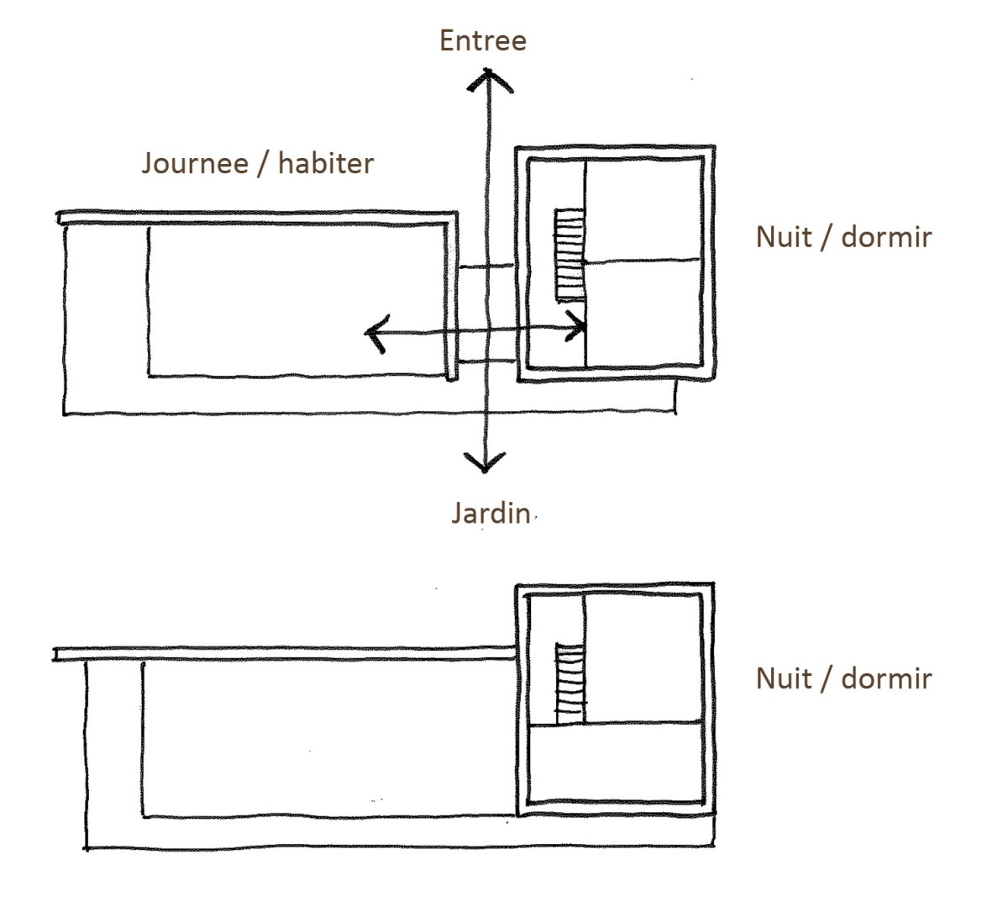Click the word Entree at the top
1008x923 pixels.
(x=482, y=40)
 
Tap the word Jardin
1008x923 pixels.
(x=491, y=512)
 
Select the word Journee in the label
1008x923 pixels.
(x=195, y=162)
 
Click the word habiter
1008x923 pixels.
(x=325, y=162)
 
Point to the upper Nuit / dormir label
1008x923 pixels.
(x=843, y=237)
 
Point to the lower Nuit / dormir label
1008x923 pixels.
(x=843, y=678)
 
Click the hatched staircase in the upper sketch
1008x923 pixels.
(x=569, y=254)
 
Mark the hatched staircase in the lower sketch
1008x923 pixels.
(x=570, y=683)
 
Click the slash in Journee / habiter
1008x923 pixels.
(x=263, y=162)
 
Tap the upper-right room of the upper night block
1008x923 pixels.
(x=643, y=210)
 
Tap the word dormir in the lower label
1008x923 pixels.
(x=886, y=678)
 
